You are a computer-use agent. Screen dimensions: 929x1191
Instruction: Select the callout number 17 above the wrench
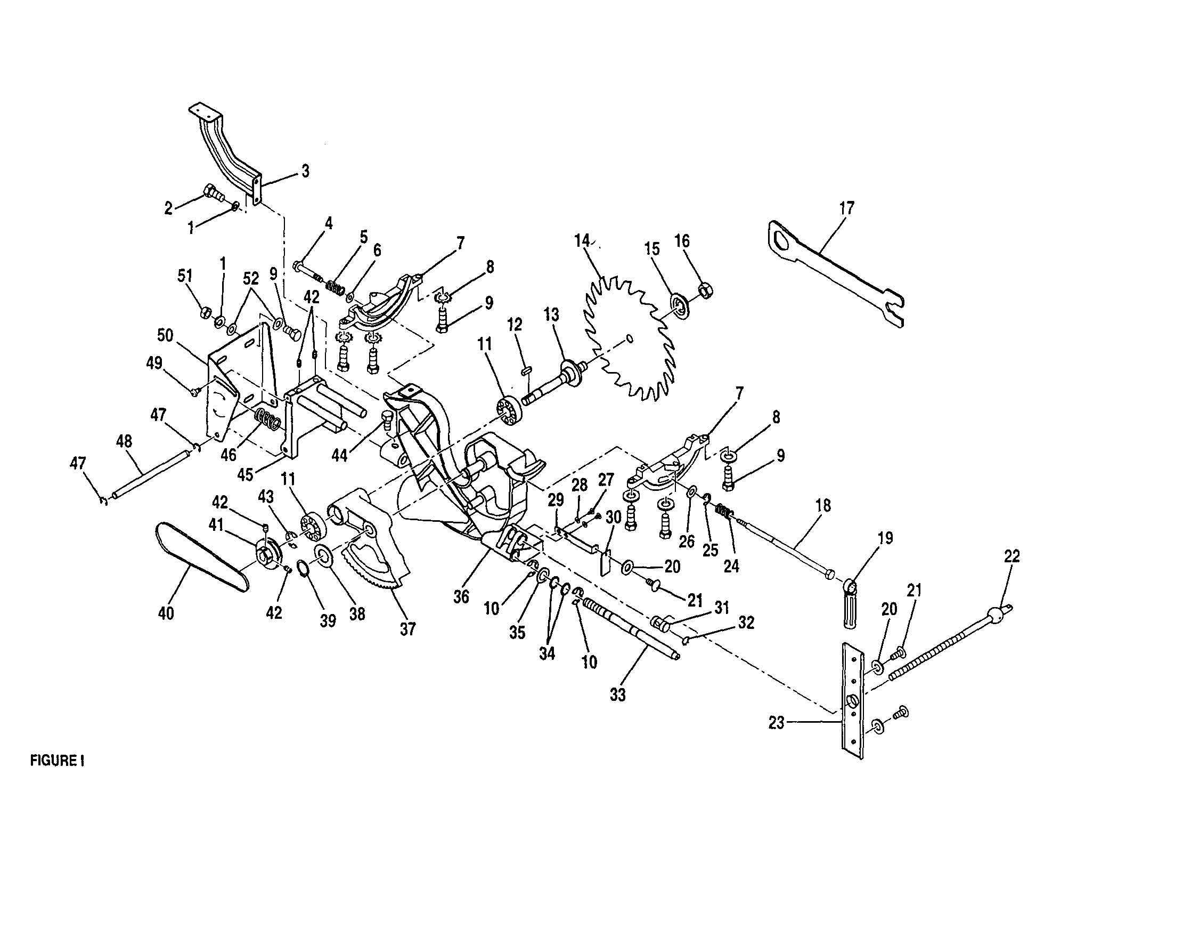coord(847,208)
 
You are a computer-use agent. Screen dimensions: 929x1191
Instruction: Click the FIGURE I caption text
coord(56,761)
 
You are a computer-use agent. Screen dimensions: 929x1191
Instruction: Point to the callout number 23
coord(777,723)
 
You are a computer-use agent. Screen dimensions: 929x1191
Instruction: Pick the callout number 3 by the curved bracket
coord(305,171)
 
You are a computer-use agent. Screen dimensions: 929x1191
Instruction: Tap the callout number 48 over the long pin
coord(124,441)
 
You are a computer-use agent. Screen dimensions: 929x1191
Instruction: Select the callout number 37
coord(407,629)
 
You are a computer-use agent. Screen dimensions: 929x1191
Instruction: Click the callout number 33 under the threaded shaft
coord(618,695)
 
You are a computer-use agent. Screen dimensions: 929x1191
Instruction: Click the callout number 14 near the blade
coord(582,241)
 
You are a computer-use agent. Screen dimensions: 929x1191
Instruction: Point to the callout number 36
coord(461,596)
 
